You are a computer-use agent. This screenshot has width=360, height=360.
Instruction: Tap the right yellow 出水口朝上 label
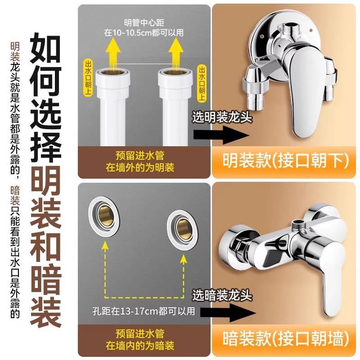[x=201, y=83]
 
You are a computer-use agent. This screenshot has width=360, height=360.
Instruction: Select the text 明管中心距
[x=144, y=23]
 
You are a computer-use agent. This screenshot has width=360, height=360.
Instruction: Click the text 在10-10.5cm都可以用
[x=144, y=33]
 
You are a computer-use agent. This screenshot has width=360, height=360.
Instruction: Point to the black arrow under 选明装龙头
[x=221, y=135]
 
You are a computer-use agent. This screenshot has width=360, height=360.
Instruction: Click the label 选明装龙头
[x=222, y=117]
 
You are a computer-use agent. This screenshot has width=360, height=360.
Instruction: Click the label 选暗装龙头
[x=222, y=295]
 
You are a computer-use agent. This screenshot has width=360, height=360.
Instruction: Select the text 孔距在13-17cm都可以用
[x=144, y=311]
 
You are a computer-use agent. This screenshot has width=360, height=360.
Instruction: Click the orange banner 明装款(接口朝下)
[x=285, y=161]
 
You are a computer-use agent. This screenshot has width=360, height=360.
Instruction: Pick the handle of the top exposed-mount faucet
[x=302, y=92]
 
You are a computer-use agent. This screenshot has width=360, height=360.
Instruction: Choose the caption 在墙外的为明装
[x=140, y=167]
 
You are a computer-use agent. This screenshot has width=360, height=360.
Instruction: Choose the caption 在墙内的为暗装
[x=140, y=346]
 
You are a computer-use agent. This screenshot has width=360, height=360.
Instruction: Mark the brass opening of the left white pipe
[x=113, y=73]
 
